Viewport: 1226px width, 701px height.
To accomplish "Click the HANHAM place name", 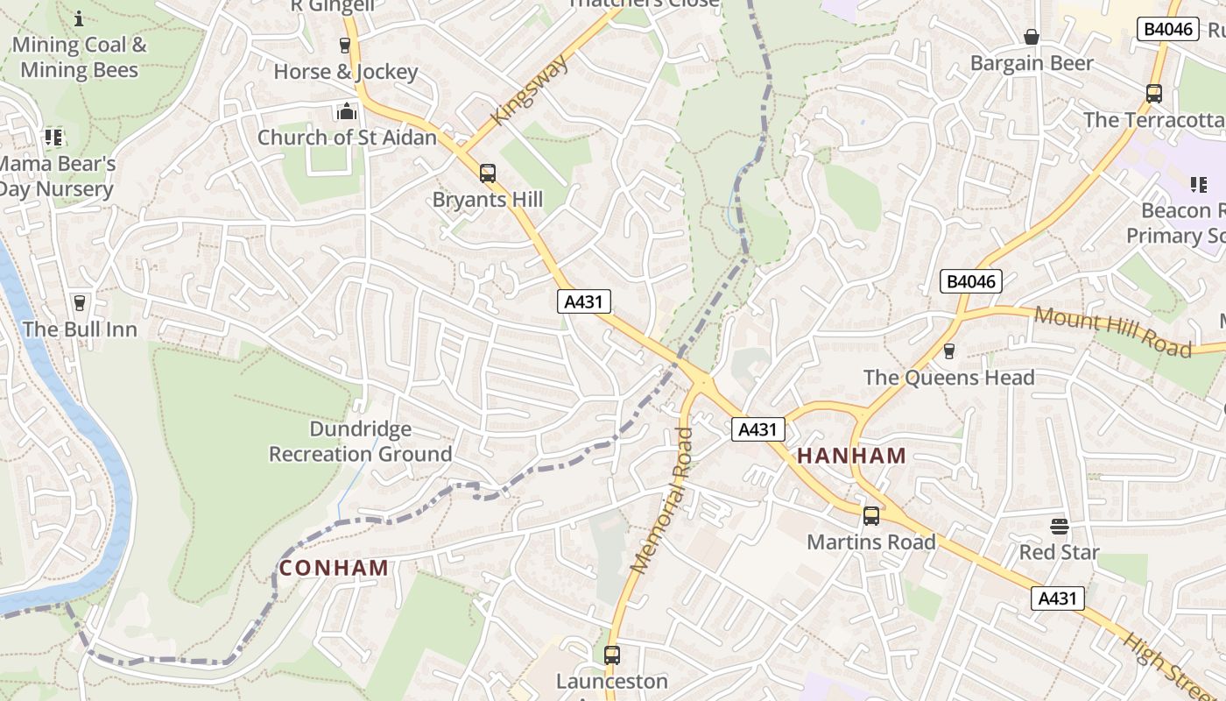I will (851, 456).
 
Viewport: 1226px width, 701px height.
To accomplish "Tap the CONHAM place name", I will (334, 568).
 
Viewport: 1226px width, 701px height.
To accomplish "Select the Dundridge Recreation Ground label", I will (360, 442).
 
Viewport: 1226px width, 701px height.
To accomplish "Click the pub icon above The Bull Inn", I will (80, 303).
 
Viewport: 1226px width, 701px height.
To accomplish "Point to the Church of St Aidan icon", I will (347, 112).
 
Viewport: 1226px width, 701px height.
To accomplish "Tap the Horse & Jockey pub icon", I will (345, 46).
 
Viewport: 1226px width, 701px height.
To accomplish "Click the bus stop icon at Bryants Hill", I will (487, 173).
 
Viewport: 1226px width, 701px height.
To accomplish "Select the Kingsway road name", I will (531, 90).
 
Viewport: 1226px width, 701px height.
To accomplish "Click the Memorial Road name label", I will (662, 500).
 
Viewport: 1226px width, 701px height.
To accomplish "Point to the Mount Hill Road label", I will (1112, 331).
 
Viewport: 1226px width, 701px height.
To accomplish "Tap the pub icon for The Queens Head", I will (948, 351).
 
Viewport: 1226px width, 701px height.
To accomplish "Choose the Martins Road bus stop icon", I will (870, 516).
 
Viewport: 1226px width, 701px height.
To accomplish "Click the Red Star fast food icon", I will (1059, 527).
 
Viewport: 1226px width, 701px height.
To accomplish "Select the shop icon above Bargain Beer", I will (1032, 37).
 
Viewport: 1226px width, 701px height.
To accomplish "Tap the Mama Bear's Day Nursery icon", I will (53, 138).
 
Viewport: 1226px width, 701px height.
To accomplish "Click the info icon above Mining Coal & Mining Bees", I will (79, 18).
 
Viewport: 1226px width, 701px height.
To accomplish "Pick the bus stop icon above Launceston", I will (611, 655).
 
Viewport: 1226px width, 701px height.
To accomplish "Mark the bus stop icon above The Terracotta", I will (1153, 94).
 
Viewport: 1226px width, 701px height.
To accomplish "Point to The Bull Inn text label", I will (80, 329).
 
